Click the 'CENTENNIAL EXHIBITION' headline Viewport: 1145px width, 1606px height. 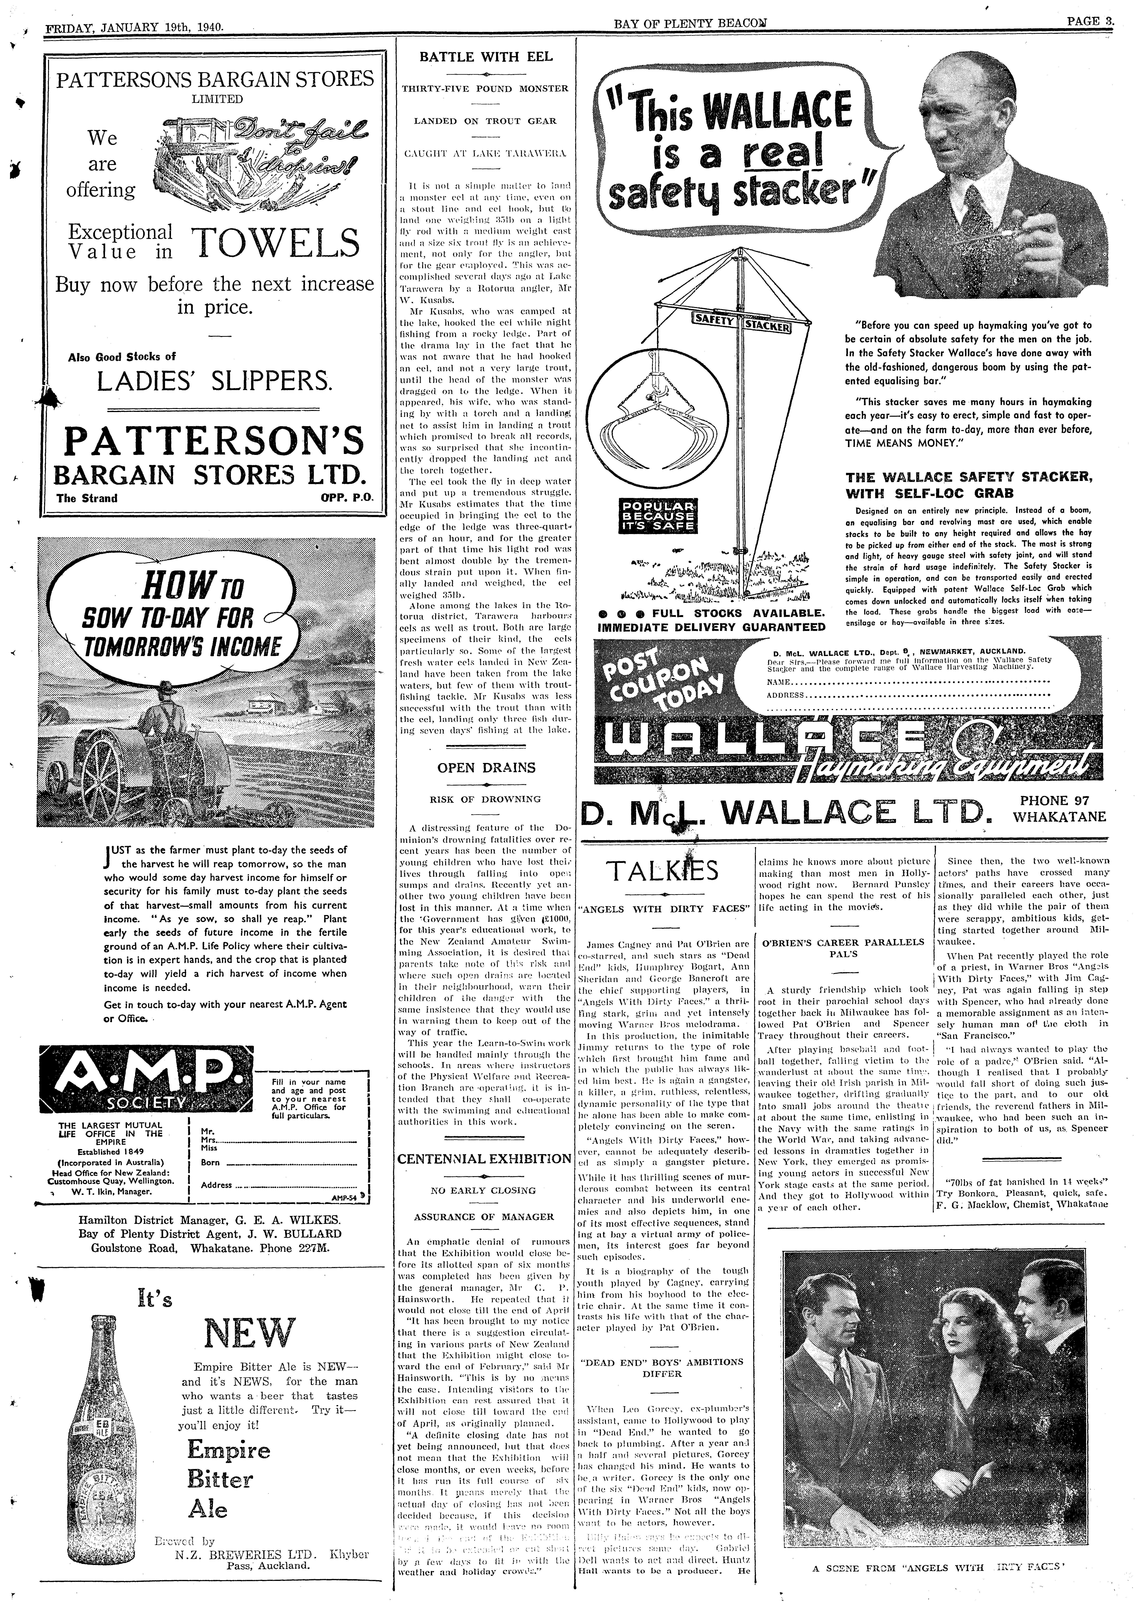pyautogui.click(x=484, y=1158)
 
